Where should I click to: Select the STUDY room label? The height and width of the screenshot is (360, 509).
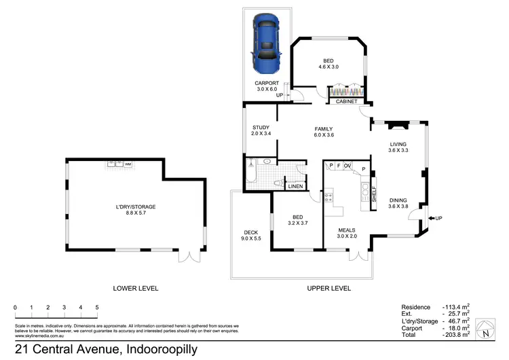(x=261, y=128)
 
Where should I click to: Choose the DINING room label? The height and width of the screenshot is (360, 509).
(x=398, y=200)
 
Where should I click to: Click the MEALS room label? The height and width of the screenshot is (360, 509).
(x=347, y=230)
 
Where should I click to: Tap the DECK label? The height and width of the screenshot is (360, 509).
(x=250, y=233)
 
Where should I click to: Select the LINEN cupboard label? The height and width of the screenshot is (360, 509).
(x=295, y=186)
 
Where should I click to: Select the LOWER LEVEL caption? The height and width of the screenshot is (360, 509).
(x=136, y=288)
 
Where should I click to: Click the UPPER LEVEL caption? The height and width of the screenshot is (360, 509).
(x=328, y=288)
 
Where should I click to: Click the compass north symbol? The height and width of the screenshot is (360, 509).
(x=487, y=331)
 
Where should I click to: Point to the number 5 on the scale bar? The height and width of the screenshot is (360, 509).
(x=97, y=308)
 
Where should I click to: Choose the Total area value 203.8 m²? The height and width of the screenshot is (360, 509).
(x=460, y=335)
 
